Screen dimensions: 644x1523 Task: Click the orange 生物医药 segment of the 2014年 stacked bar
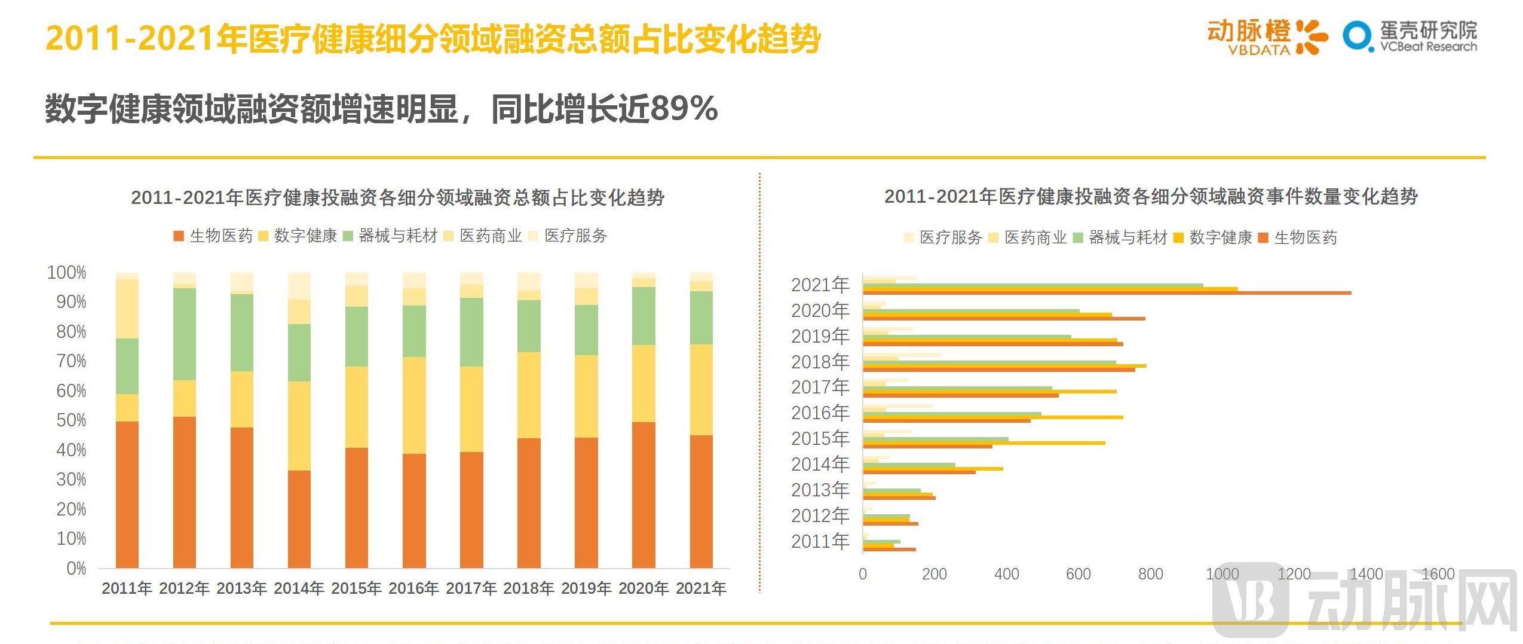click(x=299, y=519)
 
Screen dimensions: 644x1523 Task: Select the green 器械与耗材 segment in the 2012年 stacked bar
click(x=184, y=334)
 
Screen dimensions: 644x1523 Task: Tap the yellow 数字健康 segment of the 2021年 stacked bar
click(x=701, y=389)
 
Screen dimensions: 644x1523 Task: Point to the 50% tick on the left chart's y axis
click(x=71, y=420)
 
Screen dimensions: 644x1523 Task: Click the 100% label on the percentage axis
click(x=67, y=273)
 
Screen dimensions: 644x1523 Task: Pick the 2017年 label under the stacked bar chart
click(x=471, y=588)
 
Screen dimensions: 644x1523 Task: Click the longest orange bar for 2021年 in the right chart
click(x=1105, y=293)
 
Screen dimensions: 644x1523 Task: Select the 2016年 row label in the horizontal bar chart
click(x=819, y=413)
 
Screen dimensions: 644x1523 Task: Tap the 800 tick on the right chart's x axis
click(x=1150, y=574)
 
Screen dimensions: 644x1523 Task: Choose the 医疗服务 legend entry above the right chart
click(x=943, y=237)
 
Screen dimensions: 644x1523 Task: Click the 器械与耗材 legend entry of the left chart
click(x=391, y=236)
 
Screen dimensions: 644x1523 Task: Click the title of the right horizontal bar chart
click(x=1150, y=196)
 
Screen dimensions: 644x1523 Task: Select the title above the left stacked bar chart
click(x=397, y=197)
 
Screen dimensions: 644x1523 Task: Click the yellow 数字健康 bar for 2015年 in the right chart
click(x=983, y=443)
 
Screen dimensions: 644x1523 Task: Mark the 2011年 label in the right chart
click(x=819, y=541)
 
